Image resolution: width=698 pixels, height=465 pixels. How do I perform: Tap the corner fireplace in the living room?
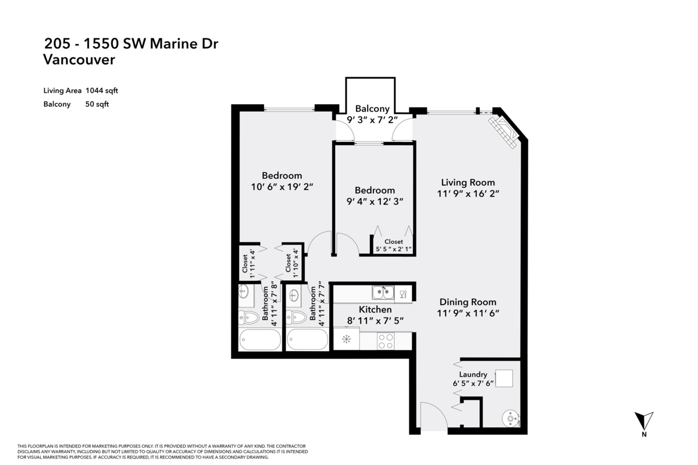pos(503,133)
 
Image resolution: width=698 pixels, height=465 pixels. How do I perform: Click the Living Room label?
pos(468,183)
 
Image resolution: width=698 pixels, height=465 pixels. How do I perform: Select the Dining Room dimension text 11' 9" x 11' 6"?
pos(468,313)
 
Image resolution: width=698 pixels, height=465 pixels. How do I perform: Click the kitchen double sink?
pos(383,292)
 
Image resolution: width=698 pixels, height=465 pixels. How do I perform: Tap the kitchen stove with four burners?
pos(386,341)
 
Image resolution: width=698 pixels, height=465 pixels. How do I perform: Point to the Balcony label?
pos(372,109)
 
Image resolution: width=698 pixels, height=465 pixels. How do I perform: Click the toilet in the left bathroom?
pos(249,318)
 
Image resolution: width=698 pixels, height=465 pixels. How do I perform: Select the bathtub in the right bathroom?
pos(307,339)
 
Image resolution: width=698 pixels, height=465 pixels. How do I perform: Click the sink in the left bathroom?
pos(243,292)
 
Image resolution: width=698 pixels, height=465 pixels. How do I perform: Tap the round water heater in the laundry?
pos(511,419)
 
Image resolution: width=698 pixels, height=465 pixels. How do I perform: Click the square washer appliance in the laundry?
pos(504,378)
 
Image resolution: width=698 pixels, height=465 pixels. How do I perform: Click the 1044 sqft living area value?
pos(102,91)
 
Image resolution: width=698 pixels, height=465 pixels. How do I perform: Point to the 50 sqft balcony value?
pos(97,104)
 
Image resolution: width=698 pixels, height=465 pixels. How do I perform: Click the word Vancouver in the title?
pos(79,59)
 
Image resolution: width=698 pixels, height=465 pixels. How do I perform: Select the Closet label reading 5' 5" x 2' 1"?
pos(394,245)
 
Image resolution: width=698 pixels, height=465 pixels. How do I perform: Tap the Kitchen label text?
pos(375,309)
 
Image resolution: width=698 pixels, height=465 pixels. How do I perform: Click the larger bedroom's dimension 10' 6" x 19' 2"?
pos(282,187)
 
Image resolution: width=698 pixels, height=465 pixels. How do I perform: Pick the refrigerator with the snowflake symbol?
pos(346,339)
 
